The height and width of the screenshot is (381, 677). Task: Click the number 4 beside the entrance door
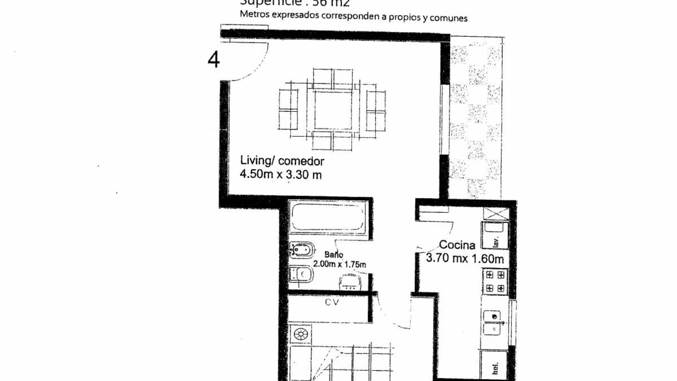pyautogui.click(x=214, y=60)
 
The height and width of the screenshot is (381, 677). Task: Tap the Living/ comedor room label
pyautogui.click(x=282, y=161)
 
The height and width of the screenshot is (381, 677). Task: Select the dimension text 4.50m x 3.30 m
pyautogui.click(x=281, y=174)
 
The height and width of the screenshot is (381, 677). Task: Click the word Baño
pyautogui.click(x=334, y=255)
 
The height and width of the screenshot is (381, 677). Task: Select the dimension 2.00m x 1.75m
pyautogui.click(x=339, y=265)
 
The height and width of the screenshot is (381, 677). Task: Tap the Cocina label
pyautogui.click(x=457, y=245)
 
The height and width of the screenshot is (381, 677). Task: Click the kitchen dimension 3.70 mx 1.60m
pyautogui.click(x=465, y=259)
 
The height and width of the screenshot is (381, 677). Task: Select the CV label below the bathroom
pyautogui.click(x=332, y=303)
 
